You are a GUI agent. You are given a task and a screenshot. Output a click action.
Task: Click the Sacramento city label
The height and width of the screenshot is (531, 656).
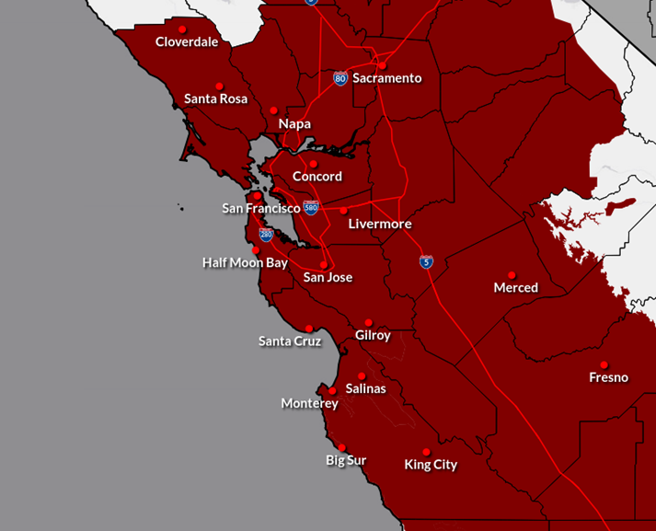(x=386, y=78)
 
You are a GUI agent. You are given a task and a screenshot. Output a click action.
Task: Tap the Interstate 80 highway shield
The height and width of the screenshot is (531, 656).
(x=340, y=78)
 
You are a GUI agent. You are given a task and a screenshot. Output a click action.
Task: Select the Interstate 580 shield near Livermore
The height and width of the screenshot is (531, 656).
(x=311, y=208)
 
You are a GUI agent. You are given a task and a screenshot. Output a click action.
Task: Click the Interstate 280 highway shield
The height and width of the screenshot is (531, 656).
(x=266, y=234)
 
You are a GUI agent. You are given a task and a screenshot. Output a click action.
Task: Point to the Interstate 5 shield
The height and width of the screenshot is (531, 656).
(x=426, y=262)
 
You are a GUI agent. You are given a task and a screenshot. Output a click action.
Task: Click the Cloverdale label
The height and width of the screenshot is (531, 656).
(x=187, y=41)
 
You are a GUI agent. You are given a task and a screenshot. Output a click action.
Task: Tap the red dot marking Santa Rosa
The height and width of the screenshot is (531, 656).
(x=219, y=87)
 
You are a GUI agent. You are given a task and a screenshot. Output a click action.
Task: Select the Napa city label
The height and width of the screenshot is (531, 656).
(x=294, y=123)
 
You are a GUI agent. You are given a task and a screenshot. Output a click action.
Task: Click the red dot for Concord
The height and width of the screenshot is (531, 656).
(x=313, y=164)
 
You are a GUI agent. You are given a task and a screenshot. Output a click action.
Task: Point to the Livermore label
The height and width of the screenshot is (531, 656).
(x=380, y=224)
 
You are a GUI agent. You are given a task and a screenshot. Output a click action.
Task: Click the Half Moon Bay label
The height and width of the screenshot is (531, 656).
(x=245, y=262)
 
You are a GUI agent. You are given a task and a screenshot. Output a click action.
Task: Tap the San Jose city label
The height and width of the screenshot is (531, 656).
(x=328, y=277)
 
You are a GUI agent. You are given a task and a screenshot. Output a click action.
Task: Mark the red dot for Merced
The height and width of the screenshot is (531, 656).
(x=512, y=275)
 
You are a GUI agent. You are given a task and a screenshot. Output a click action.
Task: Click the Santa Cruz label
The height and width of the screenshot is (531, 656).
(x=290, y=341)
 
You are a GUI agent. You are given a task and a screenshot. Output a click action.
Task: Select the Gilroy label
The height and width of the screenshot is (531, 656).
(x=373, y=335)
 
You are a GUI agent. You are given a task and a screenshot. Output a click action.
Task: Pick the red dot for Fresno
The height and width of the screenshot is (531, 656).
(x=604, y=364)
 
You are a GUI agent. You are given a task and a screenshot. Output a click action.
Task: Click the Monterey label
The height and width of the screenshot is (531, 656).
(x=310, y=403)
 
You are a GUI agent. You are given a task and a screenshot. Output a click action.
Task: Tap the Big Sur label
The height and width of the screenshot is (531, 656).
(x=346, y=460)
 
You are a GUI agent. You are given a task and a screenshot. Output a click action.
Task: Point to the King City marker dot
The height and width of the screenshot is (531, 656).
(x=426, y=452)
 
